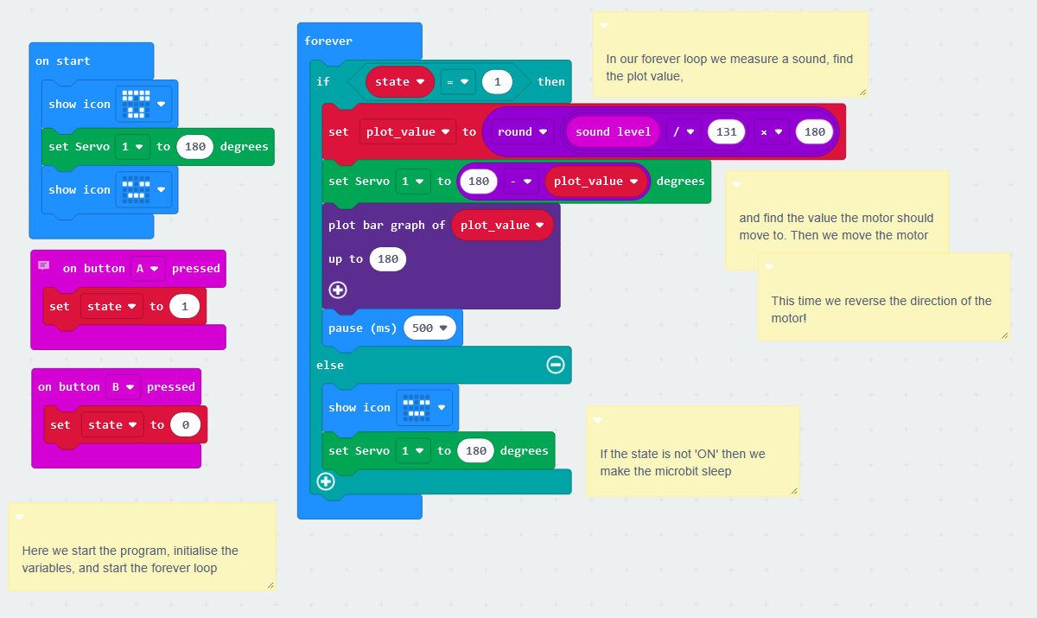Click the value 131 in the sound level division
point(727,131)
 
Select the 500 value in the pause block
point(429,328)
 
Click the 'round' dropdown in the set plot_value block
point(522,131)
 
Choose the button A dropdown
point(148,268)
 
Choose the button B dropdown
point(123,386)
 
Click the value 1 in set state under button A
point(184,306)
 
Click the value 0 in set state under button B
point(185,424)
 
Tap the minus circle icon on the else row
point(556,365)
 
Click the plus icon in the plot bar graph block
point(338,290)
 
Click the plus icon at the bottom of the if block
point(326,481)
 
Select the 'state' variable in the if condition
point(399,82)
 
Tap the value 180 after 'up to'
point(388,259)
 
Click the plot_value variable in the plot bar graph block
point(502,225)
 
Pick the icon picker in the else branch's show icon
point(424,407)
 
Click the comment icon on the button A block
point(44,266)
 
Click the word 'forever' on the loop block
point(328,41)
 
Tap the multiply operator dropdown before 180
point(770,131)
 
